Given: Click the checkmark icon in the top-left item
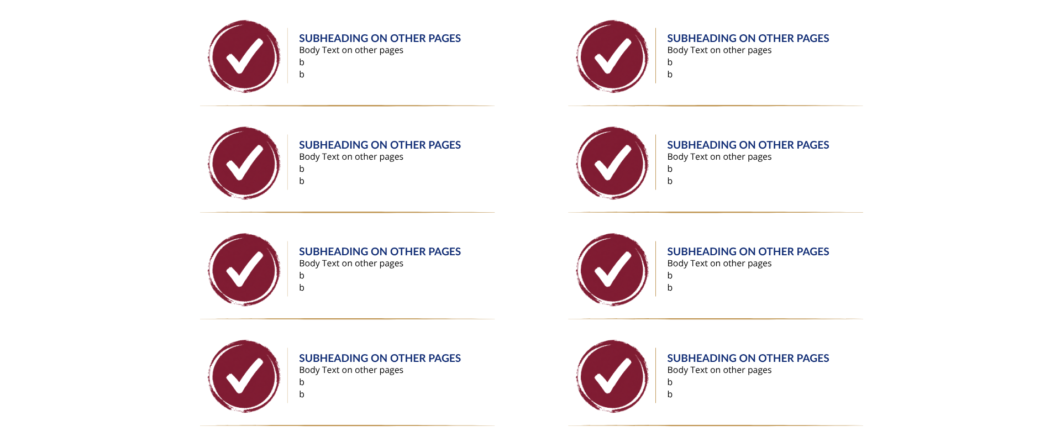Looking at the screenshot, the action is [x=244, y=56].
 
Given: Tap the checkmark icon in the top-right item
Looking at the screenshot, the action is [x=612, y=56].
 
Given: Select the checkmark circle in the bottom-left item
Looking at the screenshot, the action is [x=244, y=376].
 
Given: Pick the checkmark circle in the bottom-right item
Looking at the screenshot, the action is [x=612, y=376].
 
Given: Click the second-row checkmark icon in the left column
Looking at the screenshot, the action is [x=244, y=163].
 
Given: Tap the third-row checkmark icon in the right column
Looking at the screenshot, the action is [x=612, y=270].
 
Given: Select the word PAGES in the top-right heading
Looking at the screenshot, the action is [x=813, y=38].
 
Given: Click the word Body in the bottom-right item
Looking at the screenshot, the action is [x=677, y=370].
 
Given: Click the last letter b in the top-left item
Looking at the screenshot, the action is [x=302, y=74].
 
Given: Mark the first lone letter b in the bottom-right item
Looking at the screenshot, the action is [x=670, y=382].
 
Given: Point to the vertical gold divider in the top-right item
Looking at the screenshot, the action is [x=656, y=55].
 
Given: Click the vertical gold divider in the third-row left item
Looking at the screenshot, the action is [x=288, y=269].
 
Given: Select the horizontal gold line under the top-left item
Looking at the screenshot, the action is [x=347, y=106].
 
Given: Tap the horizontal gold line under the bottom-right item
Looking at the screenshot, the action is [x=716, y=425].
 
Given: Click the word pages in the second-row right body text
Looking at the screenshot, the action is [x=759, y=157].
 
